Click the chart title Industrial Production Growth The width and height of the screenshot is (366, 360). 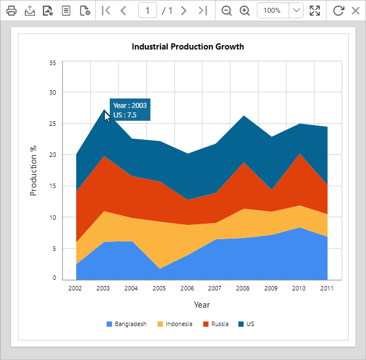tap(188, 47)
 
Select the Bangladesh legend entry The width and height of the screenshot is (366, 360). tap(126, 324)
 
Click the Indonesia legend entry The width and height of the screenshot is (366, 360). tap(175, 324)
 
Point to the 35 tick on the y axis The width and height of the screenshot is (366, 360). tap(52, 63)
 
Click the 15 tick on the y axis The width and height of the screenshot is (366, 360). tap(52, 186)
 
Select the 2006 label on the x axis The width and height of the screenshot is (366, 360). tap(187, 289)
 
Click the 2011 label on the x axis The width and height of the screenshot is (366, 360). tap(327, 289)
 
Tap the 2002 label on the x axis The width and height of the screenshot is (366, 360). tap(75, 289)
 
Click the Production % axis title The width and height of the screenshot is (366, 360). tap(33, 170)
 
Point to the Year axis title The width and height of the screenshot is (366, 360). tap(202, 305)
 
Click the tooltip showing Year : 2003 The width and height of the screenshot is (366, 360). tap(130, 110)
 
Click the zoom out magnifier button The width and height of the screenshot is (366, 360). tap(227, 11)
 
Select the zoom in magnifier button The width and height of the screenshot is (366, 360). tap(245, 11)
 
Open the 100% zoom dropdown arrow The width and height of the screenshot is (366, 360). tap(296, 11)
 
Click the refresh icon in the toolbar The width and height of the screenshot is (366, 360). tap(338, 11)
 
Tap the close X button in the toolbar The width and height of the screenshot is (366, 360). tap(355, 11)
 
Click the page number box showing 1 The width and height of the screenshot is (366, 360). tap(148, 11)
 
